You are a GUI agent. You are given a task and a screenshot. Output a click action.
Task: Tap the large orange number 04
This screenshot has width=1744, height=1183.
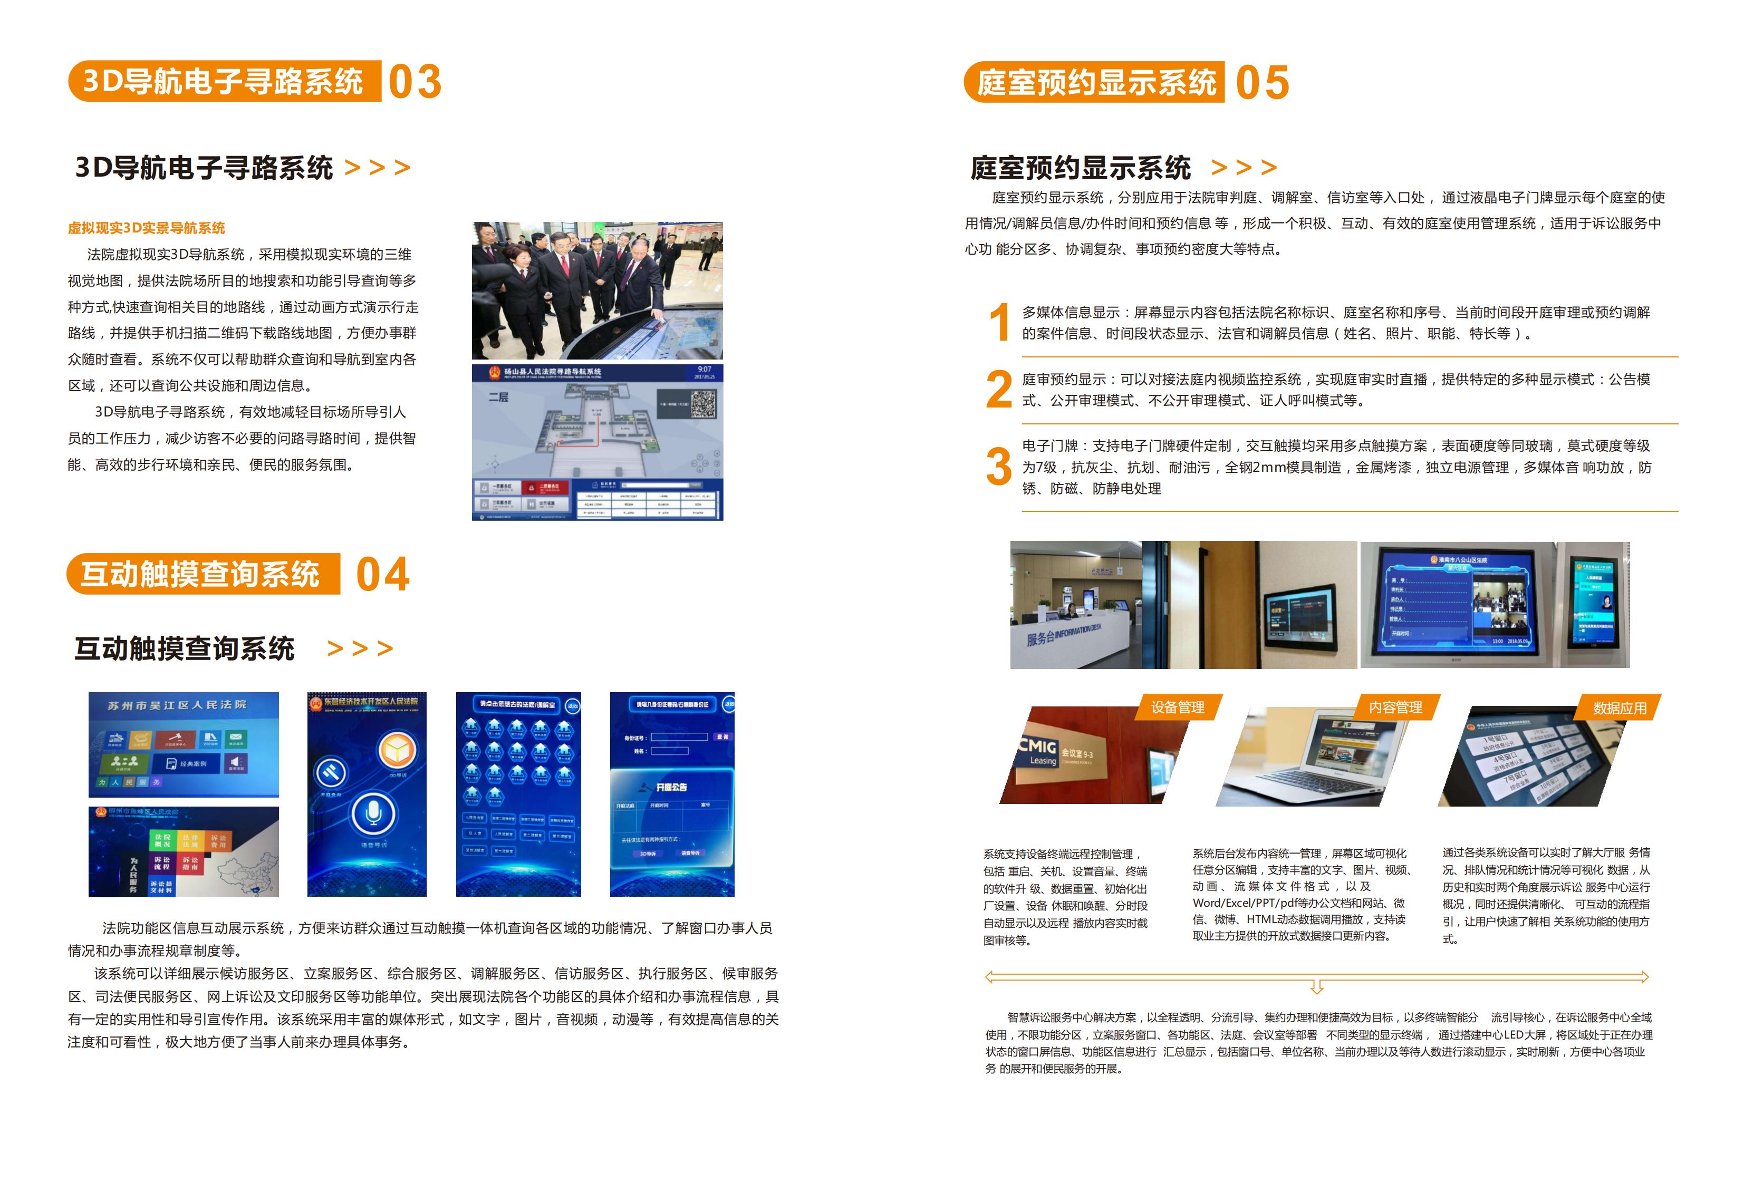383,575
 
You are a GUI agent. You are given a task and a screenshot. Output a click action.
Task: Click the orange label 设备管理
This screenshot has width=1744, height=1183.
1178,707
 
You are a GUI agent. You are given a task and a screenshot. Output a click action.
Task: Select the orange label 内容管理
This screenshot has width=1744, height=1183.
1395,707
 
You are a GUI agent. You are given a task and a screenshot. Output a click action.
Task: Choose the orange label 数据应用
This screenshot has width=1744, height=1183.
1620,708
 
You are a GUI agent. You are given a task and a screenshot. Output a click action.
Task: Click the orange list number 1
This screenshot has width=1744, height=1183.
999,323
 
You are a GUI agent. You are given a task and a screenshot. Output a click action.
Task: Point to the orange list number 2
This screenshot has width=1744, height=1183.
999,390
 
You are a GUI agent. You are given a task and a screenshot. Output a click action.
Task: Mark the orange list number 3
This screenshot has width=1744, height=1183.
999,466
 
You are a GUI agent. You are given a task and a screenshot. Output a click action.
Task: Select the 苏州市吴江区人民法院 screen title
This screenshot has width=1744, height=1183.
177,705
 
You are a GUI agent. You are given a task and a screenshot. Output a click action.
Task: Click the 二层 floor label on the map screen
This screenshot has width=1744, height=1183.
498,397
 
